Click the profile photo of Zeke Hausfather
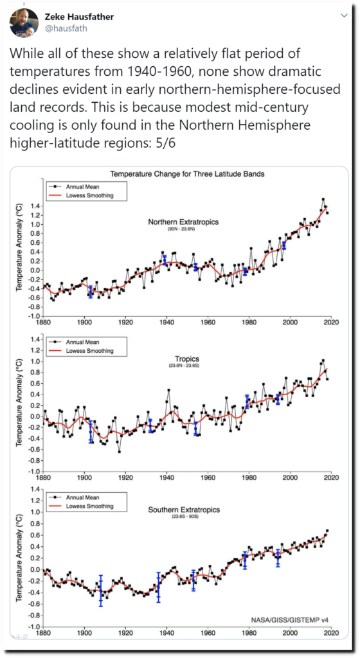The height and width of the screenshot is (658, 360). point(22,22)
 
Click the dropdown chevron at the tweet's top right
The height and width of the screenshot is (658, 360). point(344,16)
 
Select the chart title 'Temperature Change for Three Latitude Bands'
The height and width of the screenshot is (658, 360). point(187,173)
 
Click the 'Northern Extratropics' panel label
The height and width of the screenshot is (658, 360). point(183,222)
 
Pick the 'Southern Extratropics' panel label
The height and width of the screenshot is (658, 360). point(184,510)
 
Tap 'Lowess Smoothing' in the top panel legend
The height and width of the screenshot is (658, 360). point(90,195)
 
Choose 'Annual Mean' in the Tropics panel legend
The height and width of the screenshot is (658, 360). point(83,342)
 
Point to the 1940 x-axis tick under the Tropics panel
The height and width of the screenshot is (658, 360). point(166,477)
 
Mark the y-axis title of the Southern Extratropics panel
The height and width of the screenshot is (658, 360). point(19,558)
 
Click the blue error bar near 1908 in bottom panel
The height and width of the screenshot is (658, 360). point(101,591)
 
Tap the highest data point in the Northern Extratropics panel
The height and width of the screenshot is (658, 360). point(323,199)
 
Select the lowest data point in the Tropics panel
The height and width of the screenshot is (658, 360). point(119,452)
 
